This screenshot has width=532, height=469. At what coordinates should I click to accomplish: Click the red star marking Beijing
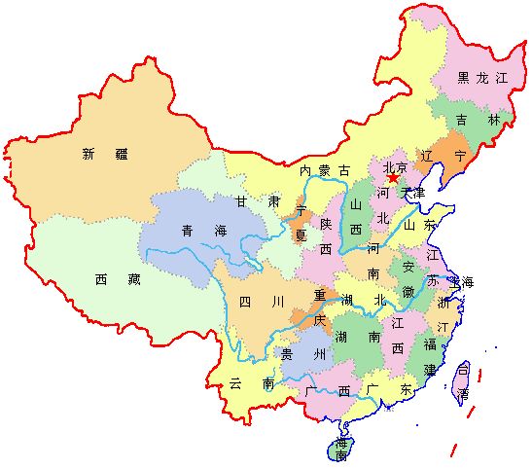pyautogui.click(x=393, y=178)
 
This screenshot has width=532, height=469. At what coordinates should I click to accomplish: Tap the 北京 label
pyautogui.click(x=394, y=166)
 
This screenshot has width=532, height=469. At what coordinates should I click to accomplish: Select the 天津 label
pyautogui.click(x=414, y=193)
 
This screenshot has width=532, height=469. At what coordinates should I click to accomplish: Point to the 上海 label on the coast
pyautogui.click(x=462, y=282)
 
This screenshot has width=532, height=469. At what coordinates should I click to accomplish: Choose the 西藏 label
pyautogui.click(x=114, y=279)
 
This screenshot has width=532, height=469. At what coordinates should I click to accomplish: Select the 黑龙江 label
pyautogui.click(x=483, y=77)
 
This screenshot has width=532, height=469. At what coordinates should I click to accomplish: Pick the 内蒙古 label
pyautogui.click(x=324, y=170)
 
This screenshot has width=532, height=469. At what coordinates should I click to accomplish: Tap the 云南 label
pyautogui.click(x=250, y=384)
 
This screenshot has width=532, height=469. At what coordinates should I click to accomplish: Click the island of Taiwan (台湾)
pyautogui.click(x=462, y=381)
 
